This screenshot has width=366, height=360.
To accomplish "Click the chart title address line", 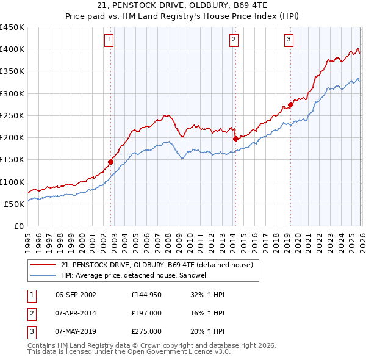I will pos(183,7).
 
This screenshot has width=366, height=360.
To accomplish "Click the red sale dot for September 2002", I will pos(110,162).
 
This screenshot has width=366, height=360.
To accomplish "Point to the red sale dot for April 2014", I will pos(235,139).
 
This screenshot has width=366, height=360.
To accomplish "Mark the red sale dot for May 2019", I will pos(290,104).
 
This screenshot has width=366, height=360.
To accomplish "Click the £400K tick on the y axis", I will pos(12,49).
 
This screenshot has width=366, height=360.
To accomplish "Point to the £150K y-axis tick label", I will pos(12,160).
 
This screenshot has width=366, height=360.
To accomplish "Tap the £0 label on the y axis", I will pos(18,226).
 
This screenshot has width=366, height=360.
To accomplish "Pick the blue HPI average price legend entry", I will pos(143,275).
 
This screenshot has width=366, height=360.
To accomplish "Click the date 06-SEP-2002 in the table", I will pos(76,295).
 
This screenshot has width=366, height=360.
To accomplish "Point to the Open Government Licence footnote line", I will pos(129,352).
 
